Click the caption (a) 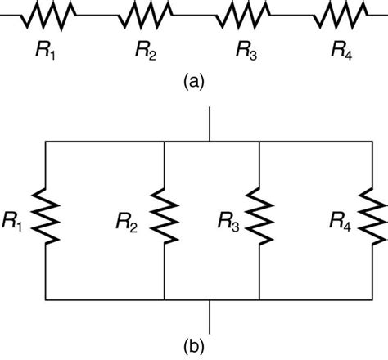click(x=194, y=82)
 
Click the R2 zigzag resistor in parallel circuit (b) click(x=165, y=217)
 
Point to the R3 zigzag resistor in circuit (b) click(x=259, y=217)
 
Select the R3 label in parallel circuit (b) click(x=229, y=219)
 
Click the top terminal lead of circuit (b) click(x=211, y=123)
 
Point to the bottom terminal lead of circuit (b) click(x=211, y=313)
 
